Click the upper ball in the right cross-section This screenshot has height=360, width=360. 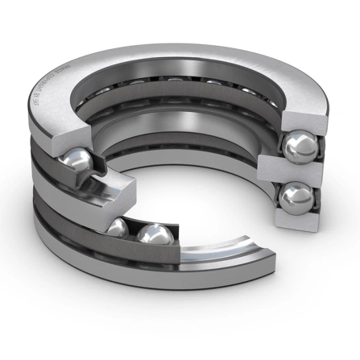pos(300,147)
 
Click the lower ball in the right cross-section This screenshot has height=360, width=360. pos(297,197)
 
